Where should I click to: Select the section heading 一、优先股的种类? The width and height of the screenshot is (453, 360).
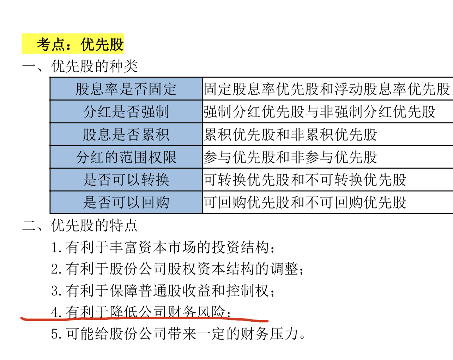coord(80,66)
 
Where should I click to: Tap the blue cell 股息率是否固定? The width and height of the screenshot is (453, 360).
coord(126,89)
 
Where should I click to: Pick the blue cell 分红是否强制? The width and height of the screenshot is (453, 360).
coord(126,112)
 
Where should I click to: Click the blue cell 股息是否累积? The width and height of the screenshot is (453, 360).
coord(126,134)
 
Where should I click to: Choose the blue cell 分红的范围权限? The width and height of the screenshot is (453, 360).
coord(126,157)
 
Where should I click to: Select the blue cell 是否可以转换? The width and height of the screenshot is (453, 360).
coord(126,180)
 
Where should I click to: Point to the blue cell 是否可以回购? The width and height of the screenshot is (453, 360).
coord(126,202)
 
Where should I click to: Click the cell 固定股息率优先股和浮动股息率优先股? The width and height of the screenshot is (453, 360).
coord(327,89)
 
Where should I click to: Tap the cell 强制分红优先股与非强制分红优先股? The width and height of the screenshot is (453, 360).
coord(319,112)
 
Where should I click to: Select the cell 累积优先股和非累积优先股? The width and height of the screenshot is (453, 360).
coord(290,134)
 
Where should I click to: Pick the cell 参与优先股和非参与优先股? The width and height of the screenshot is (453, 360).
coord(290,157)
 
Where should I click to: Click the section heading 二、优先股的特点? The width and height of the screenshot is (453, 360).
coord(80,225)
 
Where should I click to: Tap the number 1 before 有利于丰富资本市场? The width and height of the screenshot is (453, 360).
coord(55,248)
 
